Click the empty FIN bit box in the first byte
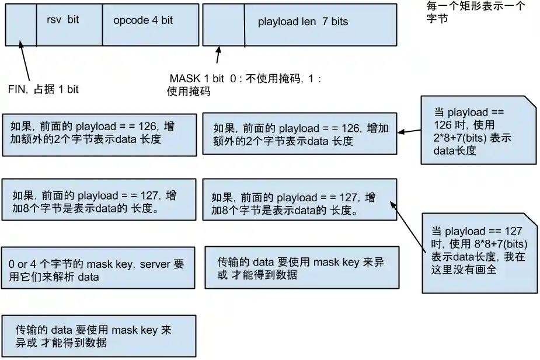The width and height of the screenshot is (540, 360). tap(20, 23)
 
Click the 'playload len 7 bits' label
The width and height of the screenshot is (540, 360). tap(302, 22)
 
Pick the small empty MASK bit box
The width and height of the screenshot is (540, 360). tap(223, 23)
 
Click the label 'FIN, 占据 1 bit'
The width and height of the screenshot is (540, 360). tap(43, 89)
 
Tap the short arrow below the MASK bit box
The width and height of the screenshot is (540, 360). tap(218, 56)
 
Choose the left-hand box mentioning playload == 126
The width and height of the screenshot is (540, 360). tap(99, 134)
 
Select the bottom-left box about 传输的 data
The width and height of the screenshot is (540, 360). tap(99, 336)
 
